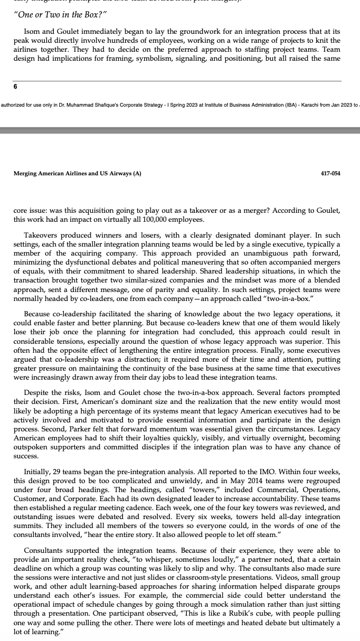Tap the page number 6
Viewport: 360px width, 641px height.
[16, 88]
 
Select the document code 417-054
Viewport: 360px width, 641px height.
[330, 173]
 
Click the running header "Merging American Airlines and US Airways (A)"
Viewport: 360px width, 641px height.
[77, 173]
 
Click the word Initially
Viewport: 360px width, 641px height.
[39, 471]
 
